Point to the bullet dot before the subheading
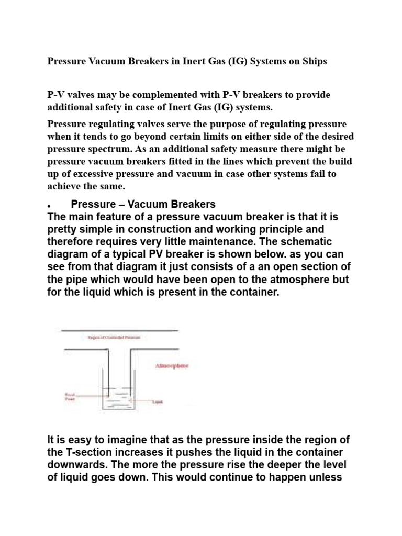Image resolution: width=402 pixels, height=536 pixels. pyautogui.click(x=49, y=205)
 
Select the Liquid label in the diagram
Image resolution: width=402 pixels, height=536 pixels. pyautogui.click(x=157, y=403)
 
